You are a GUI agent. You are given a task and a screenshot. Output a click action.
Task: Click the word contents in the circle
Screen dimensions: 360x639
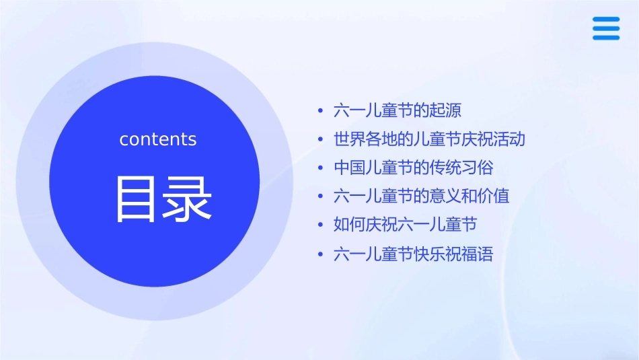coord(158,139)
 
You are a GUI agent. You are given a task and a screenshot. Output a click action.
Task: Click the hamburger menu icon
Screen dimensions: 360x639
coord(606,28)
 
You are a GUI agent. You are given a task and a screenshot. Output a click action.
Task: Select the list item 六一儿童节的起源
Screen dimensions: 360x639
coord(398,110)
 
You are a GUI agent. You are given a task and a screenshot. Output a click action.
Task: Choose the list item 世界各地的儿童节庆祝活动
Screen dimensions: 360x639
coord(429,139)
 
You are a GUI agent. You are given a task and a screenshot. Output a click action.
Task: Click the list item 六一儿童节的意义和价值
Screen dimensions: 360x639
coord(422,196)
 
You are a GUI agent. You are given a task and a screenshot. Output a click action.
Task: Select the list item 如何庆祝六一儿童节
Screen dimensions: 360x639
coord(406,225)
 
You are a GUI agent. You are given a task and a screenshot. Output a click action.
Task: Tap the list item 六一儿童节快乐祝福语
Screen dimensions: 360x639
coord(414,254)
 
